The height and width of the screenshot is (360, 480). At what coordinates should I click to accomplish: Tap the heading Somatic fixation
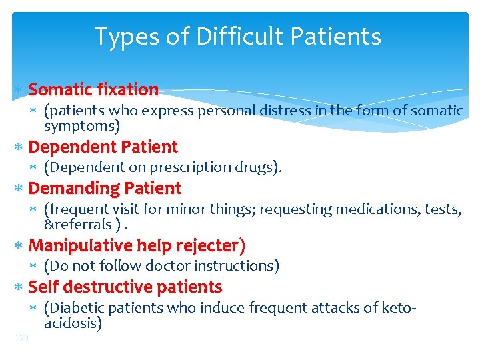coord(93,89)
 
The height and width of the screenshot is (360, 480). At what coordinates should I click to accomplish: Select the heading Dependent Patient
coord(103,147)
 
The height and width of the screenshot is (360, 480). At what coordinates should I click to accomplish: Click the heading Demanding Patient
coord(105,189)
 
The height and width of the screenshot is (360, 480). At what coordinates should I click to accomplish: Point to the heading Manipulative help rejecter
coord(137,246)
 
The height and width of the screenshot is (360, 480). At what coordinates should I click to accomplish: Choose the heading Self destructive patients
coord(125,287)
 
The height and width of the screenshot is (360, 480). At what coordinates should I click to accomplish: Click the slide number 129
coord(21,339)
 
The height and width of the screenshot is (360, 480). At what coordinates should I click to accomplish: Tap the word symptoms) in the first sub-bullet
coord(81,125)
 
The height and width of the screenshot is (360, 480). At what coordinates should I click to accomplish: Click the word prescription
coord(185,167)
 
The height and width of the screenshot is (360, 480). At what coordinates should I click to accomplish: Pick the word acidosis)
coord(73,323)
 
